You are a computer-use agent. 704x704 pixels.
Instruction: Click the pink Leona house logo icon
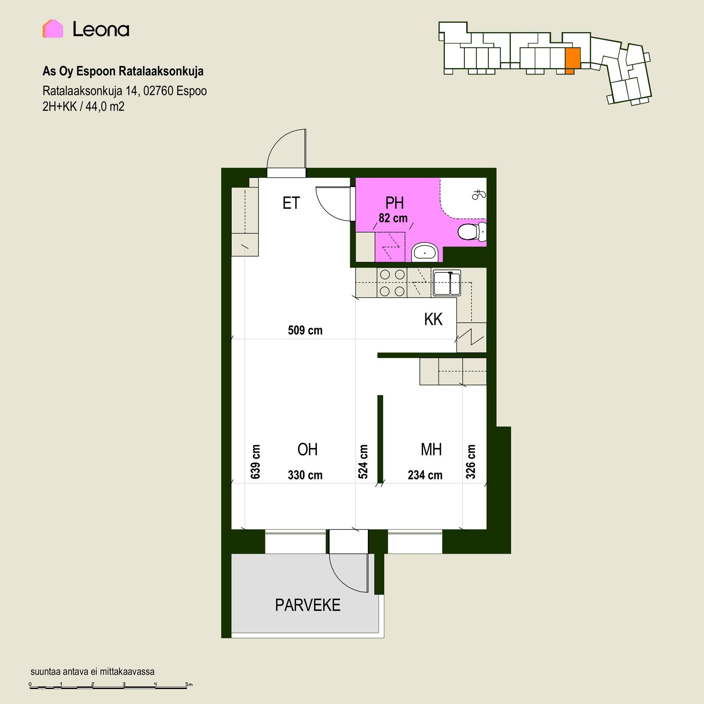coord(53,29)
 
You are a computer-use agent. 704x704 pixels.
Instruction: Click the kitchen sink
coord(447,283)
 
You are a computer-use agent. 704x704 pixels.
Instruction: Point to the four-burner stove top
coord(392,283)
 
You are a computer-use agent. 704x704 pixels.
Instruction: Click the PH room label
coord(395,203)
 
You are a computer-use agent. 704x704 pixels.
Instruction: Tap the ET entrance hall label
coord(291,203)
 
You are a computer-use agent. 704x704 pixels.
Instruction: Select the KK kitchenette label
coord(433,319)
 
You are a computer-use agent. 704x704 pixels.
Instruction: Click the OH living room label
coord(307,450)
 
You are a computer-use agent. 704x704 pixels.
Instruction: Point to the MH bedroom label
coord(431,450)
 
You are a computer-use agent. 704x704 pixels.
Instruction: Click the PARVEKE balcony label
coord(308,605)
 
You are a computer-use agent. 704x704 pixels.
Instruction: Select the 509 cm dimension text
coord(305,330)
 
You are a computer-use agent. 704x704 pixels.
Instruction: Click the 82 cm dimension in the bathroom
coord(393,218)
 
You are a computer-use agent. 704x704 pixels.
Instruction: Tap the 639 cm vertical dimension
coord(256,462)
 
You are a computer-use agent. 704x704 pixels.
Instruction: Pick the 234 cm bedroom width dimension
coord(425,475)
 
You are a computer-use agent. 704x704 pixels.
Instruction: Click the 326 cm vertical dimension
coord(470,462)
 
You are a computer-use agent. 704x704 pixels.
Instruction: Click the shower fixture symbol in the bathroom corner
coord(479,194)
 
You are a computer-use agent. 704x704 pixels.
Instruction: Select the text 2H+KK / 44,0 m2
coord(84,107)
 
